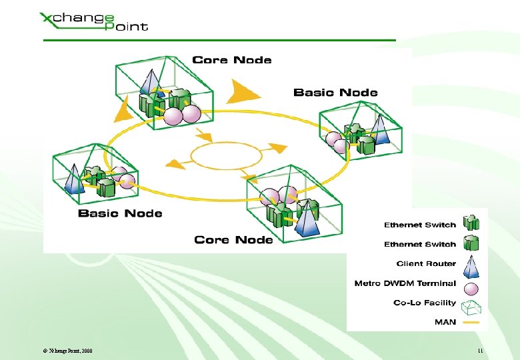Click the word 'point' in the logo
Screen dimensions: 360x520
click(127, 26)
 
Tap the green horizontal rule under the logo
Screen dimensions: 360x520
click(220, 41)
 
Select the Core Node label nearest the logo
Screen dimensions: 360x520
click(231, 60)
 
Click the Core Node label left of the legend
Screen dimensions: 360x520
click(233, 240)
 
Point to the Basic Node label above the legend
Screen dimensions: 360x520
click(335, 93)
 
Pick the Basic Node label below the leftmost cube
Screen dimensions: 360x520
click(120, 213)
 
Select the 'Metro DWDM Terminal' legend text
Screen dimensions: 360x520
click(405, 283)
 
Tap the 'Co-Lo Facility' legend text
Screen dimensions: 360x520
click(425, 303)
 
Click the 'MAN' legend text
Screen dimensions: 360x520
click(445, 322)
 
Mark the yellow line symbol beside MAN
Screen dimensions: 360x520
click(472, 323)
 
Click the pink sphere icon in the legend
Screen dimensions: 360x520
click(472, 289)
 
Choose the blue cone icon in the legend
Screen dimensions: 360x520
click(472, 264)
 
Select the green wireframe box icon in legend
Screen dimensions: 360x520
click(472, 307)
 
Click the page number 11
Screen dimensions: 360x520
click(479, 351)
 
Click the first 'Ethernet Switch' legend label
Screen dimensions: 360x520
click(420, 225)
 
